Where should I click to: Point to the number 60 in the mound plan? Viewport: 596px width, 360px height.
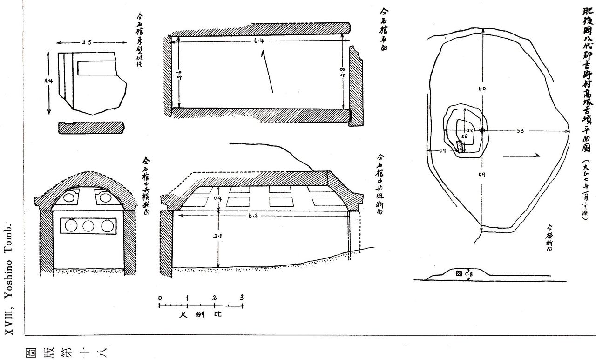[482, 88]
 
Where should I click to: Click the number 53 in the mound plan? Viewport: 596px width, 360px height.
[521, 131]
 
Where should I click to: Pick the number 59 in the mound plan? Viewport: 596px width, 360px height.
[482, 176]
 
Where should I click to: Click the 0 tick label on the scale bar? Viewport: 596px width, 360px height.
[160, 298]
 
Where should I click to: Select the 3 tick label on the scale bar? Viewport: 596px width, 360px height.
[242, 298]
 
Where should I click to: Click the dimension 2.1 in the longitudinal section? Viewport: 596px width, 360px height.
[218, 236]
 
